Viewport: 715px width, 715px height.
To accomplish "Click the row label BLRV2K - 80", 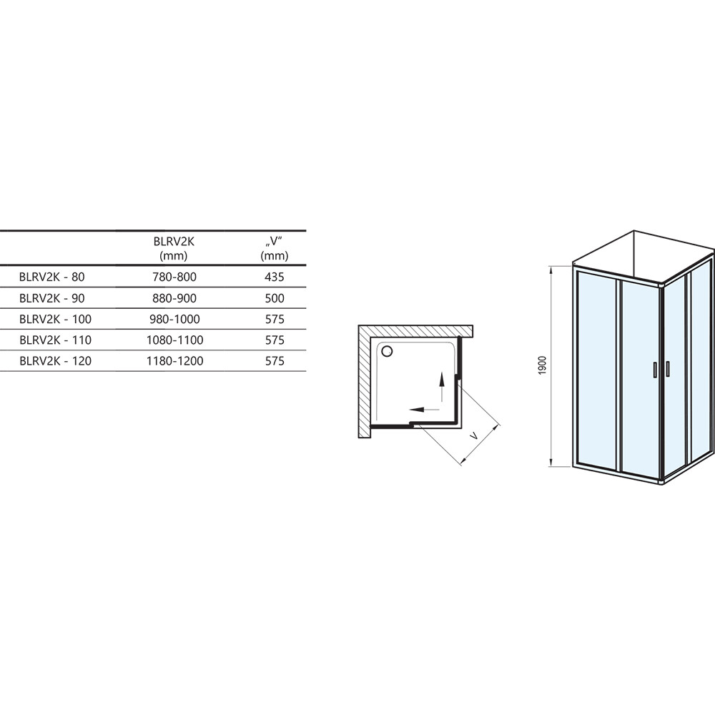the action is pyautogui.click(x=52, y=277).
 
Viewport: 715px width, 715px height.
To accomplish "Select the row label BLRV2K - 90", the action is pyautogui.click(x=52, y=298).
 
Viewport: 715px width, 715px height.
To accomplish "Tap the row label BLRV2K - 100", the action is pyautogui.click(x=55, y=319).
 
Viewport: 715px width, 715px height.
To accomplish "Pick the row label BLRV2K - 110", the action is pyautogui.click(x=55, y=340).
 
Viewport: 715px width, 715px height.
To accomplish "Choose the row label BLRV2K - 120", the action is pyautogui.click(x=55, y=361).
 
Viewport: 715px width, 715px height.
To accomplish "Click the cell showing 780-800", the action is pyautogui.click(x=174, y=277).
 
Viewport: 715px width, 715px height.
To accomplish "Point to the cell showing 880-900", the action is pyautogui.click(x=174, y=298).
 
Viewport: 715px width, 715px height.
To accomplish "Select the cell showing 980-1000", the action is pyautogui.click(x=174, y=319).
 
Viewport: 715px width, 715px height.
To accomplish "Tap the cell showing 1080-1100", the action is pyautogui.click(x=174, y=340).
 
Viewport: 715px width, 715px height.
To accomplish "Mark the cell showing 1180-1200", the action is pyautogui.click(x=174, y=361).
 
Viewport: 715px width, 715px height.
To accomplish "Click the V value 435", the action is pyautogui.click(x=275, y=277).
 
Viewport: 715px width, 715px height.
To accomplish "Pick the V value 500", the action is pyautogui.click(x=275, y=298).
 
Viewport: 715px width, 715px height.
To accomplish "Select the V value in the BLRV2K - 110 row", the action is pyautogui.click(x=275, y=340).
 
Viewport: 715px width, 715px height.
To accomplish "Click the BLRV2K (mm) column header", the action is pyautogui.click(x=174, y=249).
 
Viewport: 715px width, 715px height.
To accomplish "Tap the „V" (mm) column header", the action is pyautogui.click(x=275, y=249).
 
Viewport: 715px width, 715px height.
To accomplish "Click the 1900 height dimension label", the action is pyautogui.click(x=542, y=365).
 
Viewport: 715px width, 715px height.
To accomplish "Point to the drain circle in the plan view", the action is pyautogui.click(x=387, y=351).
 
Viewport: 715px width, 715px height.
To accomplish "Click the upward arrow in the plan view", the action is pyautogui.click(x=441, y=387).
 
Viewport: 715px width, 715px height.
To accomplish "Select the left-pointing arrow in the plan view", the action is pyautogui.click(x=425, y=409).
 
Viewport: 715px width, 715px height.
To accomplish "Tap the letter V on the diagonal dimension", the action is pyautogui.click(x=474, y=436).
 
